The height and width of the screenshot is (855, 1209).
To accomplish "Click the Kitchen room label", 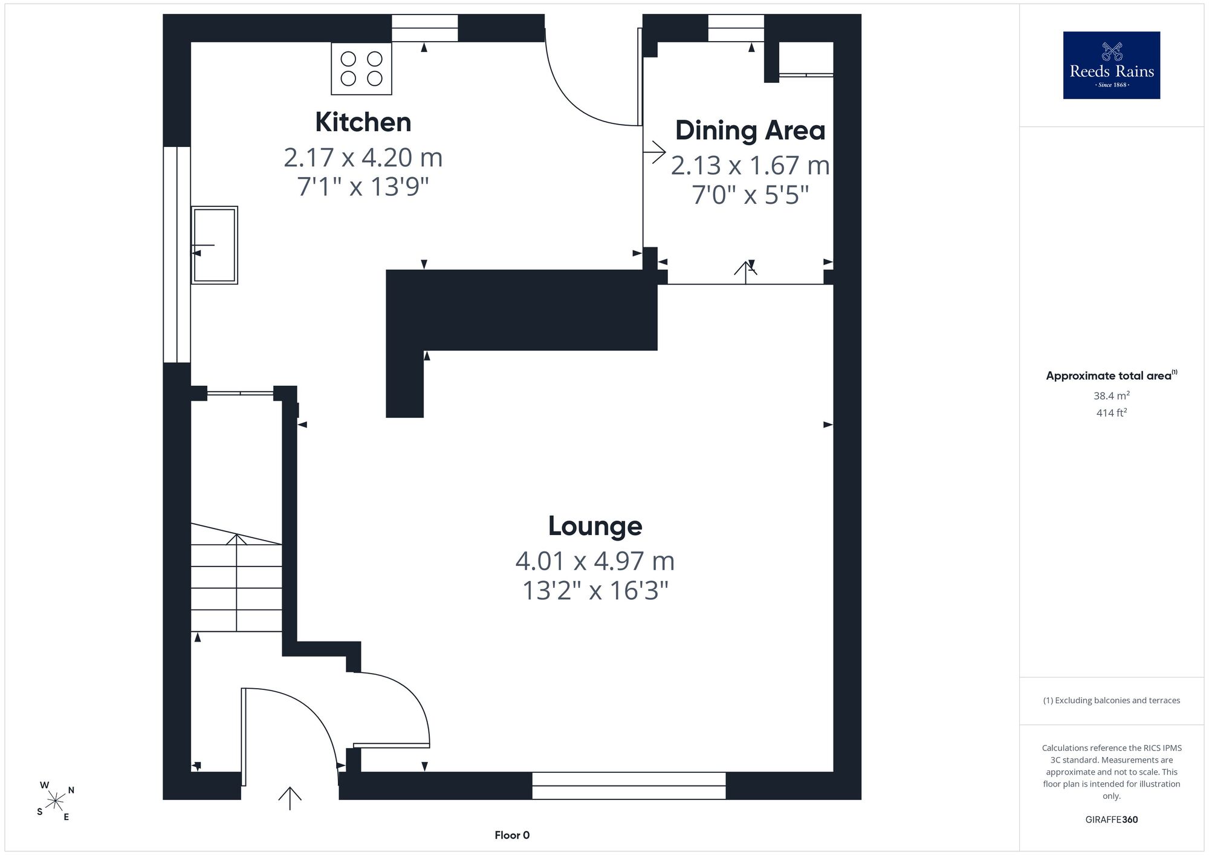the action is pos(363,122).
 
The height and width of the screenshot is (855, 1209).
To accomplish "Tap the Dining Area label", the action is pos(750,131).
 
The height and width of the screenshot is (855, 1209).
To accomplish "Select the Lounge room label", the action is pos(595,526).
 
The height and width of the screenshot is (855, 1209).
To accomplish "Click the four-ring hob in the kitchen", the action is pos(361,68).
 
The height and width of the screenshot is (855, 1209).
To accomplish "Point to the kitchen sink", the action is pos(215,245).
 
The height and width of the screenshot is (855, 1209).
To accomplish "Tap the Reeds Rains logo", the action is pos(1112,65).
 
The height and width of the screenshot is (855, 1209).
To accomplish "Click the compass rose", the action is pos(56,802).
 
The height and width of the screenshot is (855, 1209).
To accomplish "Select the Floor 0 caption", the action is pos(512,835).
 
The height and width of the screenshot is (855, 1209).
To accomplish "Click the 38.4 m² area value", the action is pos(1112,395).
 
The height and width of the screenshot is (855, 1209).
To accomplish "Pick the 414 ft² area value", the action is pos(1112,413).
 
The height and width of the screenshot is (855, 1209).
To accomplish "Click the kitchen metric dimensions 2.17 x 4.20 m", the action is pos(363,158).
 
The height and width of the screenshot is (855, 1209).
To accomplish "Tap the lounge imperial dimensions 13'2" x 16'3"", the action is pos(595,590).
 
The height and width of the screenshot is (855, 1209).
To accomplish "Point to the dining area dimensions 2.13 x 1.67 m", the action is pos(750,166).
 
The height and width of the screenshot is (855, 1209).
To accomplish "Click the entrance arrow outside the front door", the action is pos(290,798).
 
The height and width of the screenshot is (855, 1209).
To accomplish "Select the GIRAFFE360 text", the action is pos(1112,820).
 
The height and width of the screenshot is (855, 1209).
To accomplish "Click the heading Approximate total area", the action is pos(1112,375).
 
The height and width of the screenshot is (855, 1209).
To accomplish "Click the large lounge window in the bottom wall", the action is pos(629,785).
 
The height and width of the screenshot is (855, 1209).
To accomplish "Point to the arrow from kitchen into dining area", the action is pos(655,151).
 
